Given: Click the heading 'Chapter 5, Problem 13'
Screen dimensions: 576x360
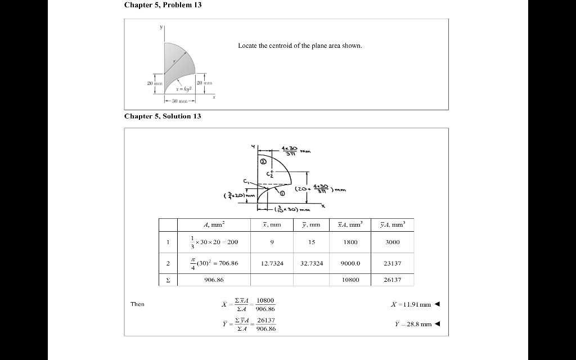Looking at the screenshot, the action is (x=163, y=5).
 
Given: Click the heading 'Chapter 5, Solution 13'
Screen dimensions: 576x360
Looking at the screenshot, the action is (x=163, y=116).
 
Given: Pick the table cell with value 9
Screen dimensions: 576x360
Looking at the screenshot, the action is (x=272, y=242).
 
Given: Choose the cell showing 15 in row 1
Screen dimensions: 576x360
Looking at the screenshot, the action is (x=312, y=242).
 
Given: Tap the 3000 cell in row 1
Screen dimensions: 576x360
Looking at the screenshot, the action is (x=392, y=242).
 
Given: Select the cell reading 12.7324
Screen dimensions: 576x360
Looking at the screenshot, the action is (x=272, y=263).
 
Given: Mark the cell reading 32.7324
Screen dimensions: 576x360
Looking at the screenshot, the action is (x=312, y=263).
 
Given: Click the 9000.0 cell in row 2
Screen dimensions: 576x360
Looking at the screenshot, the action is (x=350, y=263).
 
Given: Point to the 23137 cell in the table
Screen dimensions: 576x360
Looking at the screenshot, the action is (x=392, y=263).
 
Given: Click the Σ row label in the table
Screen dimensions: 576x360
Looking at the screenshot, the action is (x=168, y=280).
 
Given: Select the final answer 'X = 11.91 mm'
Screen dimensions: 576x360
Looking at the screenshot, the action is (x=411, y=304).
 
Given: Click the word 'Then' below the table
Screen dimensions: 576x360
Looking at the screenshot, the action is (x=137, y=304).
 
